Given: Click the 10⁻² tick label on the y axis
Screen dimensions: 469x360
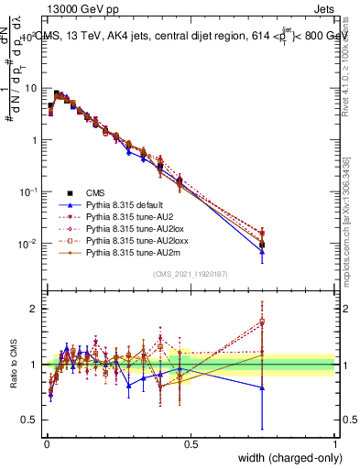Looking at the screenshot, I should pos(28,244).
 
